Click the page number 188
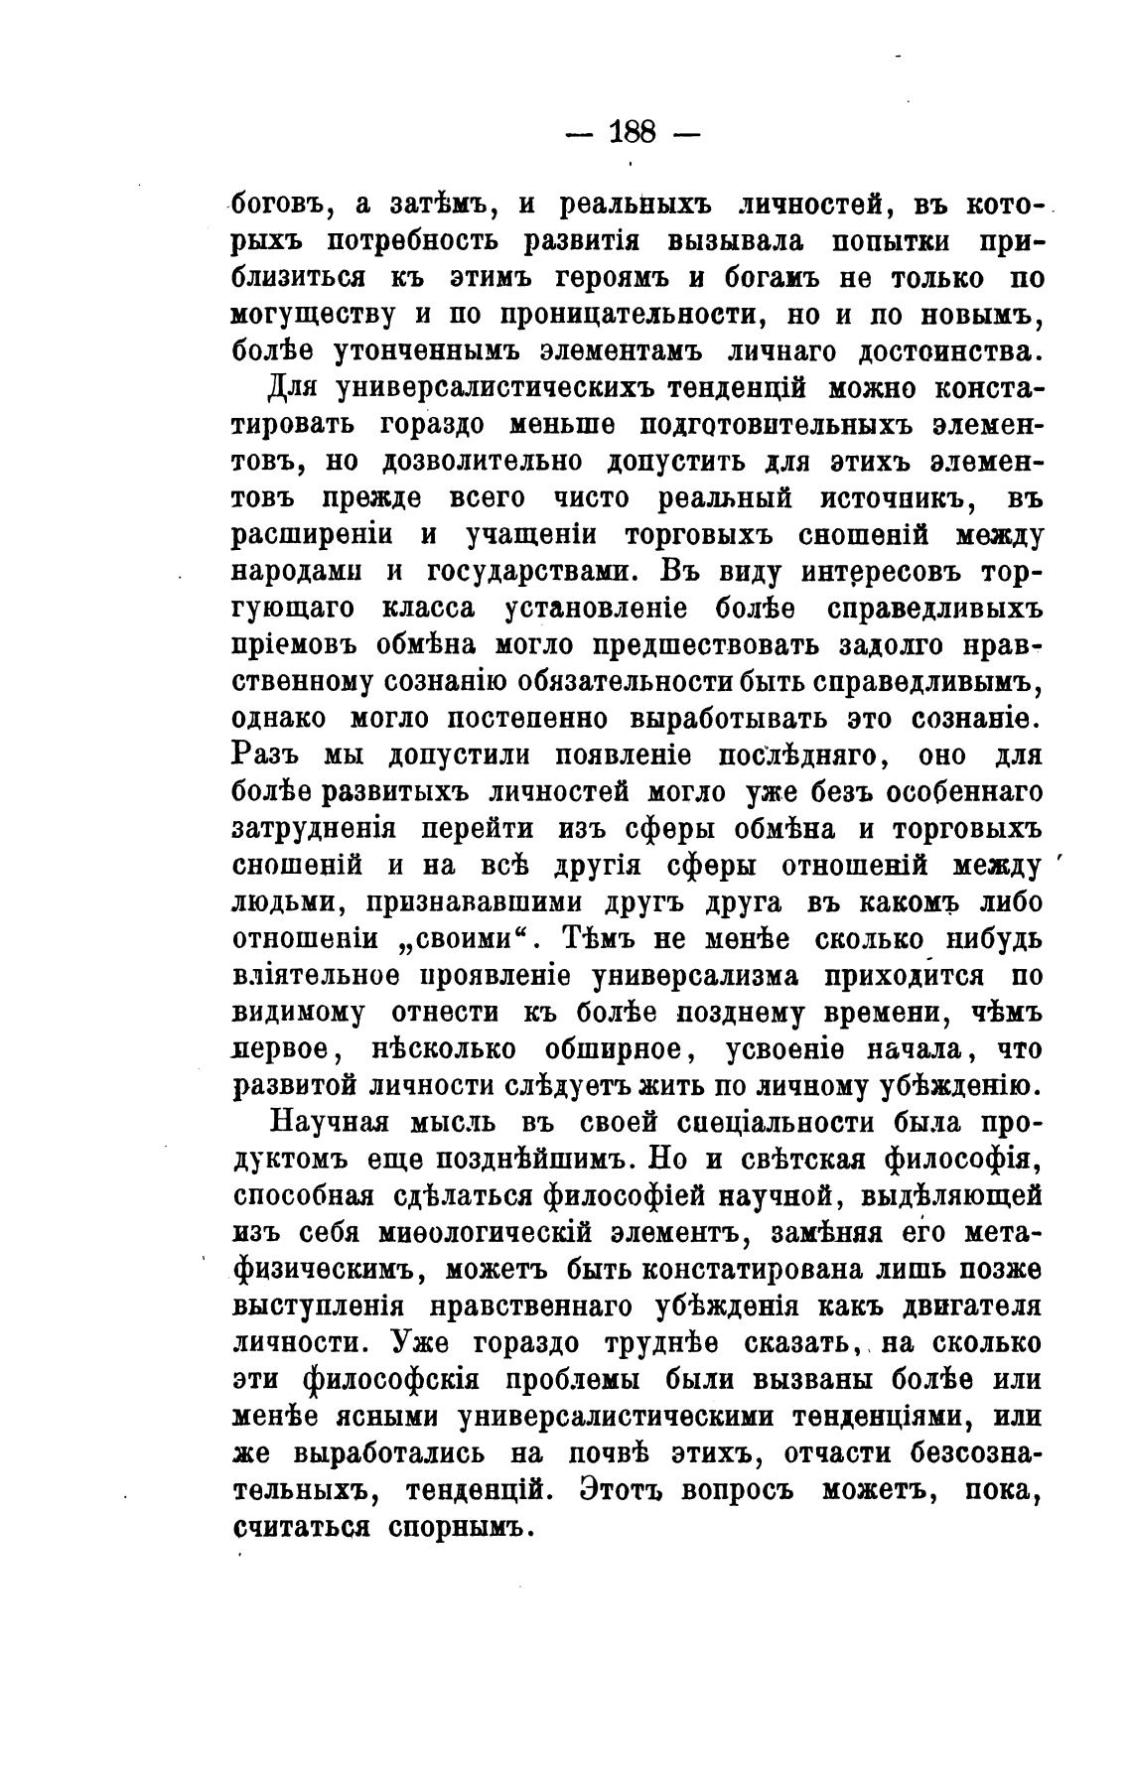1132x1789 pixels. (631, 131)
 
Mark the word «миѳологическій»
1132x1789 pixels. (487, 1233)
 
